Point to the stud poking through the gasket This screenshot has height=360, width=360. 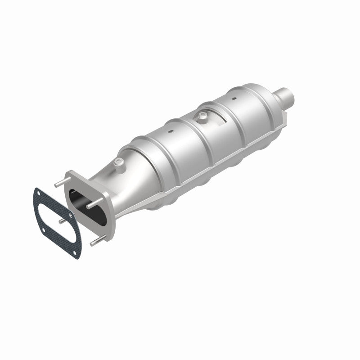tap(60, 222)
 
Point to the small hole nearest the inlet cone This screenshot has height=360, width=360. tap(171, 131)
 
